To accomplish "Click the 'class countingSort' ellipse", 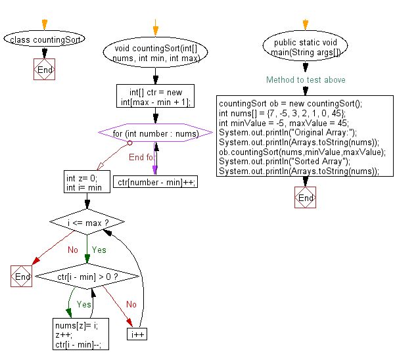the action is coord(44,39).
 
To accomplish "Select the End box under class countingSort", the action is coord(44,69).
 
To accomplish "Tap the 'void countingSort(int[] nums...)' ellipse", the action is coord(155,53).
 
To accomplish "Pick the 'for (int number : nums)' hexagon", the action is coord(155,133).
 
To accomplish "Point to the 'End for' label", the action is coord(141,157).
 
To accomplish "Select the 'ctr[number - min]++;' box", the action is coord(155,182).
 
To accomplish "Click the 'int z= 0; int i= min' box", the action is coord(87,182).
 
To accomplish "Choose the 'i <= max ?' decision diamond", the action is coord(87,222).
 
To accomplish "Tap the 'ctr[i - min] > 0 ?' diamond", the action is coord(87,277).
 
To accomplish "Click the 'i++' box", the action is coord(137,334).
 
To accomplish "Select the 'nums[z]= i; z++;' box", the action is coord(81,334).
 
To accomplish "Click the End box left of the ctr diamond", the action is coord(22,276).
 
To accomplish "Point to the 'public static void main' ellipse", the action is coord(306,46).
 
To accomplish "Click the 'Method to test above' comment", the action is coord(306,79).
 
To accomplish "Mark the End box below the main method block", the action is coord(306,197).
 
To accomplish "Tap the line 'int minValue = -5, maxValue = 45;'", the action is coord(284,123).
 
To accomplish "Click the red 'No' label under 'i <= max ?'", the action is coord(73,250).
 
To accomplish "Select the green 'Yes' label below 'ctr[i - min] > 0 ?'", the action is coord(83,304).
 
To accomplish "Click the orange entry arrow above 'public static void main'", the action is coord(306,25).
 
